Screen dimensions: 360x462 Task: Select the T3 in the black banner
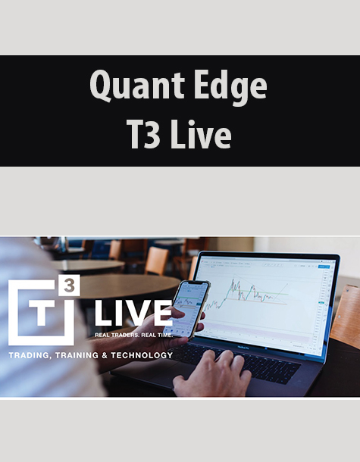pos(144,134)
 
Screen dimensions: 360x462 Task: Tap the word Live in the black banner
pos(201,134)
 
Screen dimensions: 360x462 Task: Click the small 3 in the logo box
pos(69,286)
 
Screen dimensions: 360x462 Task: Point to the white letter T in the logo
pos(42,314)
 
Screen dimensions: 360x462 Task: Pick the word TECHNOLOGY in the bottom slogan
pos(142,355)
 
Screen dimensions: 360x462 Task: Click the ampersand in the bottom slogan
pos(105,355)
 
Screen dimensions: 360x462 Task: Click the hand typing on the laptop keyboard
pos(211,372)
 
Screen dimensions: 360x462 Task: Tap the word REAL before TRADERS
pos(100,335)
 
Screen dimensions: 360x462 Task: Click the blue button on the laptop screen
pos(322,267)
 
